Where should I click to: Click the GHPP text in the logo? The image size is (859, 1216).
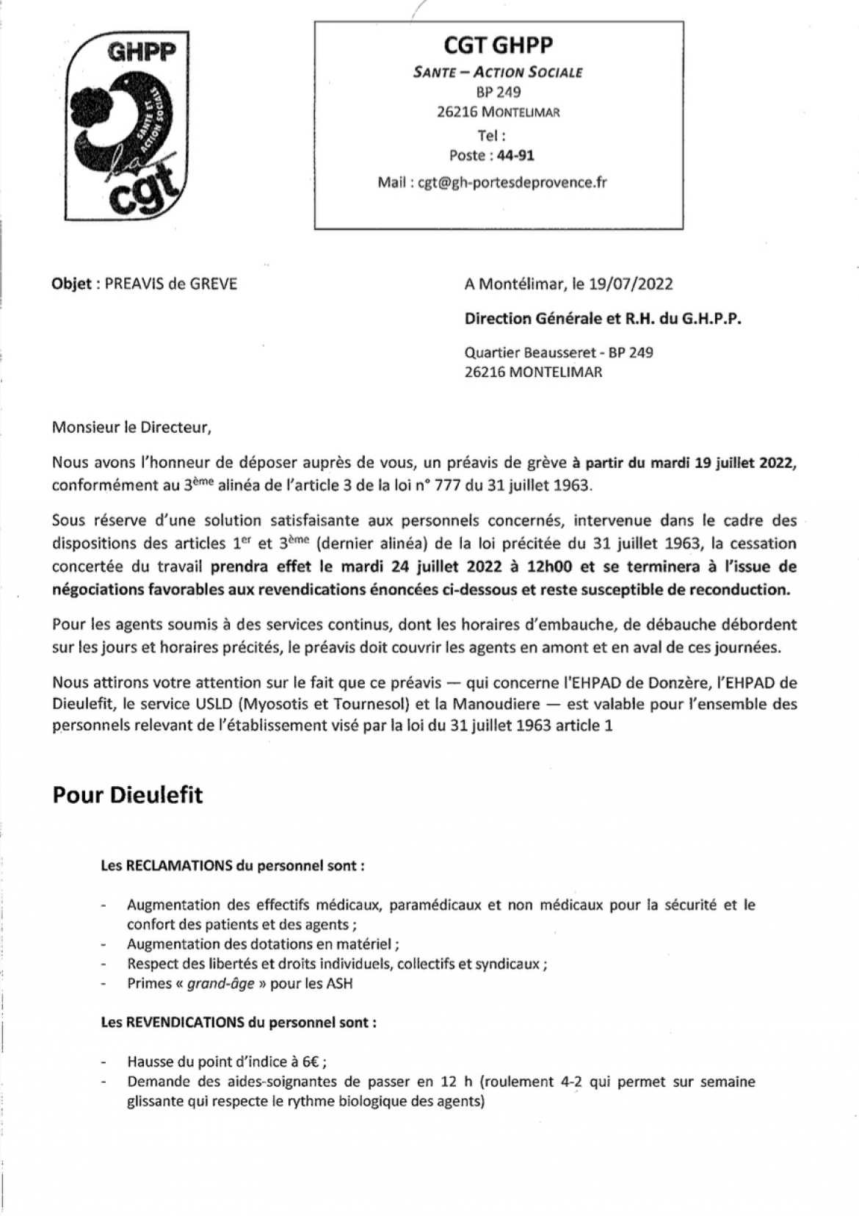pyautogui.click(x=142, y=52)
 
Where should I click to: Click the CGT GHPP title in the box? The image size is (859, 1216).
pyautogui.click(x=498, y=46)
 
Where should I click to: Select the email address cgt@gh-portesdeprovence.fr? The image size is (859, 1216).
pyautogui.click(x=512, y=182)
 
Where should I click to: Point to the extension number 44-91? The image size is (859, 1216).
pyautogui.click(x=515, y=156)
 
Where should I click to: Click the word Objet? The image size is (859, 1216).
pyautogui.click(x=71, y=284)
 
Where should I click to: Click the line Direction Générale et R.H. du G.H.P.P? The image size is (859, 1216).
pyautogui.click(x=603, y=319)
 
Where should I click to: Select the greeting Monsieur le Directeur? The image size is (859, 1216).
pyautogui.click(x=131, y=427)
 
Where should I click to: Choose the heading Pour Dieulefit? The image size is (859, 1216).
pyautogui.click(x=128, y=795)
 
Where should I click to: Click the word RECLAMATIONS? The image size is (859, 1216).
pyautogui.click(x=179, y=866)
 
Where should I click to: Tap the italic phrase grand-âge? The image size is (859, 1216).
pyautogui.click(x=220, y=983)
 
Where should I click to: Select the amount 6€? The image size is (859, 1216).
pyautogui.click(x=312, y=1062)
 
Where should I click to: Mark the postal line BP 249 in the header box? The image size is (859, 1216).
pyautogui.click(x=499, y=93)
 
